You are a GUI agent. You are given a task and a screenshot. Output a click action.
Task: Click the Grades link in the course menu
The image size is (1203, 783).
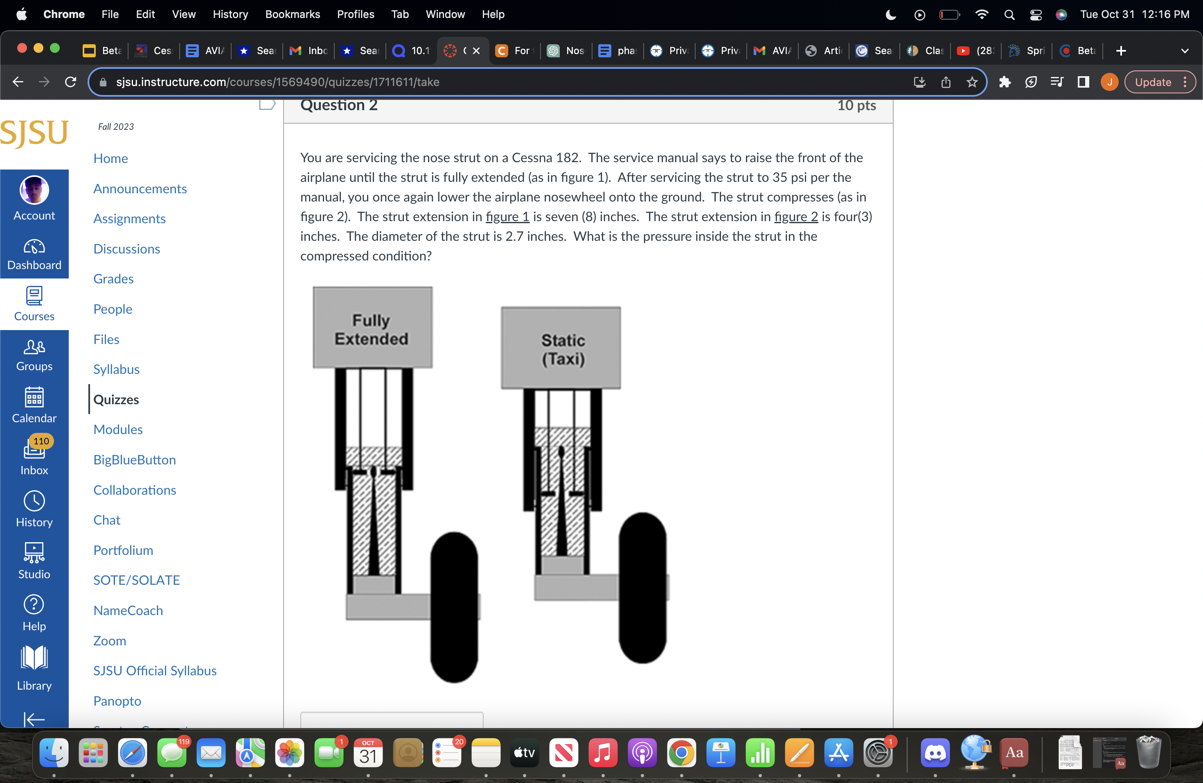tap(113, 279)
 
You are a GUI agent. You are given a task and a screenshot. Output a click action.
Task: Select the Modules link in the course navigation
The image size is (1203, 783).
tap(118, 430)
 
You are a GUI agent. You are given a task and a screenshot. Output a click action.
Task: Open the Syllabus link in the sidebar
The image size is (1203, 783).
tap(116, 369)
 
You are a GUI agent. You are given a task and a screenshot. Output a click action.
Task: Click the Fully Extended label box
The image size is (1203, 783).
tap(372, 328)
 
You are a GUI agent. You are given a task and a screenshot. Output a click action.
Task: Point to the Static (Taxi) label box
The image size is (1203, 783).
tap(561, 348)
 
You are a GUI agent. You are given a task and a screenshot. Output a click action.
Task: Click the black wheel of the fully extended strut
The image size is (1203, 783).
tap(454, 607)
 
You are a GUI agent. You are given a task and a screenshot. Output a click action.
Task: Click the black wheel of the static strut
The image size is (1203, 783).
tap(642, 588)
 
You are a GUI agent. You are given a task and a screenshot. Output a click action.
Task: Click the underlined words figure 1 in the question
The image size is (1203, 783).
tap(507, 217)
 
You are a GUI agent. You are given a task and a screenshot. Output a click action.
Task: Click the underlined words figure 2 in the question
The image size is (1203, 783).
tap(795, 217)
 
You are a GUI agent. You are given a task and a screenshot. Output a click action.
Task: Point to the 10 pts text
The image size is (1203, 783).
tap(856, 105)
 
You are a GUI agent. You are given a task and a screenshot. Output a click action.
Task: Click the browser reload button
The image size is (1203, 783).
tap(71, 82)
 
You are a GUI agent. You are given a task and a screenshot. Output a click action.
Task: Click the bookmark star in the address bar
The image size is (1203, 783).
tap(972, 82)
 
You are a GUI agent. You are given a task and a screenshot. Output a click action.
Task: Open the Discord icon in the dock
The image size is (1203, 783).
tap(934, 753)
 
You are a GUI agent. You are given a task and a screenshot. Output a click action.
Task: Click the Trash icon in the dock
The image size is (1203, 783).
tap(1148, 753)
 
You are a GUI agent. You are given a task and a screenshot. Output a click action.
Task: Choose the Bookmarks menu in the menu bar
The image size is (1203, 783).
tap(292, 14)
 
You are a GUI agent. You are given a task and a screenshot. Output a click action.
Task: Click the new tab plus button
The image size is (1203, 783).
tap(1121, 51)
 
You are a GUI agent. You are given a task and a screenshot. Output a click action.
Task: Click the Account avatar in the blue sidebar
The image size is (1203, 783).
tap(34, 190)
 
